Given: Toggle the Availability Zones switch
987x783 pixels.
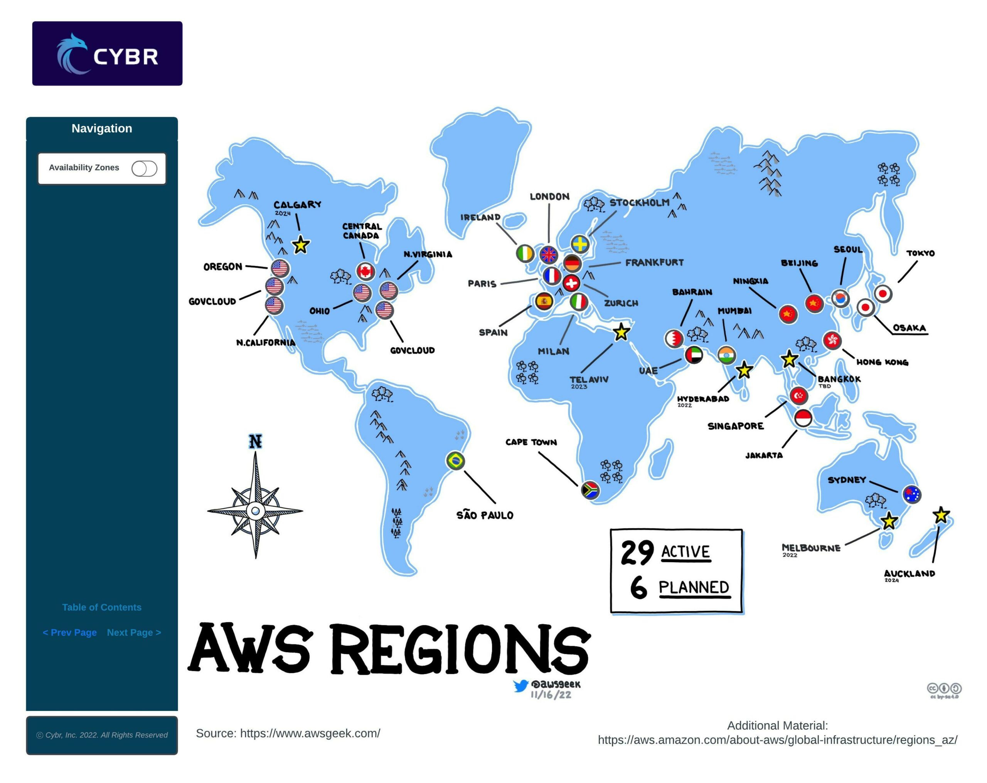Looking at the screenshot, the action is [144, 168].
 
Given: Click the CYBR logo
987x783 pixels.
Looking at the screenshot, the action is [107, 54].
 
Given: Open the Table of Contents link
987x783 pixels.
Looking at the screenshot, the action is [102, 607].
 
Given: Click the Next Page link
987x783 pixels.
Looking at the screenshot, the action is [134, 632].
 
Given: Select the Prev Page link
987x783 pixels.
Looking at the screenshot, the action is [69, 632].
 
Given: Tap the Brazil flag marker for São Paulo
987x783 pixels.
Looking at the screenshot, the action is [455, 460].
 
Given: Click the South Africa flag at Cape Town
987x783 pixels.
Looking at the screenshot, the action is [590, 490].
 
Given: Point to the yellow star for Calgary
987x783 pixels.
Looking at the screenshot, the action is [301, 245].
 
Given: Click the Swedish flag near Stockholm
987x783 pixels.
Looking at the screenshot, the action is [580, 244].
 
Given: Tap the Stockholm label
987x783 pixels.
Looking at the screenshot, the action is [639, 203].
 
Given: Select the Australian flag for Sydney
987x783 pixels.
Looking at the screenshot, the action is [911, 494].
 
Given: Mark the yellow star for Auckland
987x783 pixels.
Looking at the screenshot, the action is [941, 516].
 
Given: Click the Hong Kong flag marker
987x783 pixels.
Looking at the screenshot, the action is [832, 340].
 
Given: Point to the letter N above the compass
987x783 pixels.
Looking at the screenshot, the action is [256, 442].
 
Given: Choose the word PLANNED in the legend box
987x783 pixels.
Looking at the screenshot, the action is [694, 588].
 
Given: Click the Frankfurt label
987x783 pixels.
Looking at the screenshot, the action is [654, 263].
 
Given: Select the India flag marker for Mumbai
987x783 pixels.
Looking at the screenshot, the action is [726, 355].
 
